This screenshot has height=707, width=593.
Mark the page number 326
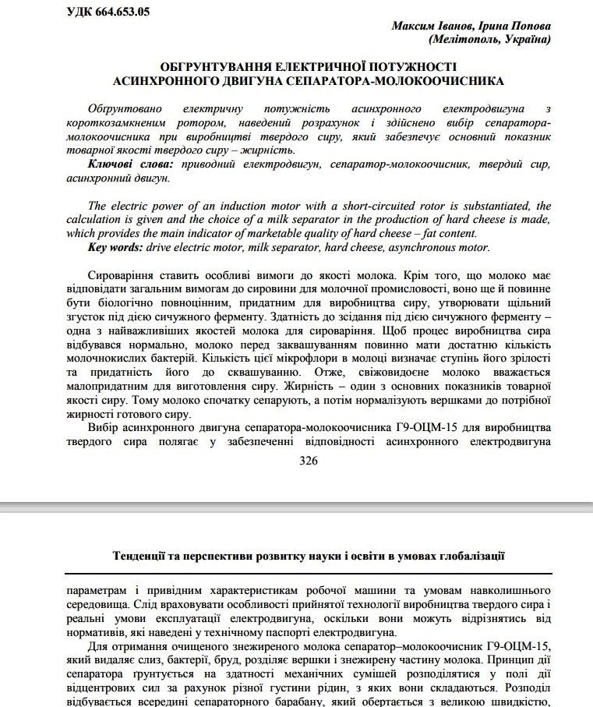[308, 461]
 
